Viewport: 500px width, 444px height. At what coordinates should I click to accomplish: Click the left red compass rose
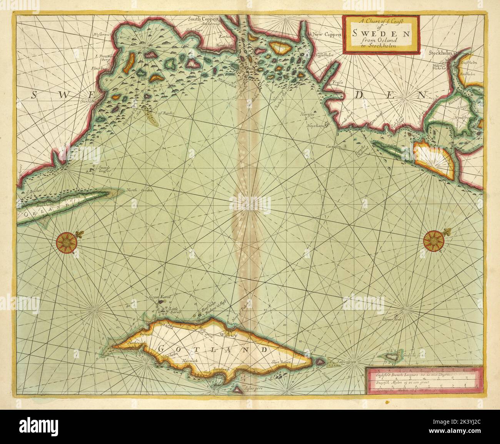(67, 242)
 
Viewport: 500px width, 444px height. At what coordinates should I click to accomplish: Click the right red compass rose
(433, 242)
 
